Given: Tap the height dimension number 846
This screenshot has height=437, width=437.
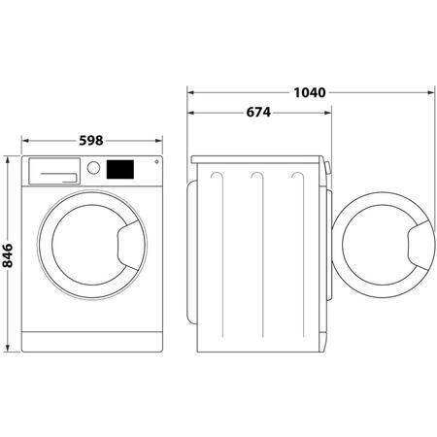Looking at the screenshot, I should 8,255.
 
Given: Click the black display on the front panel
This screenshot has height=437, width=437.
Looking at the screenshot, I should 121,168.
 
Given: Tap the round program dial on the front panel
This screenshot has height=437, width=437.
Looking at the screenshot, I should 94,167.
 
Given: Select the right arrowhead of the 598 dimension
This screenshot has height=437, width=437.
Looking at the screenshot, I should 158,140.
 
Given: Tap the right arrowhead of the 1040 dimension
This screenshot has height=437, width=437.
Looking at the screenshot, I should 427,93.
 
